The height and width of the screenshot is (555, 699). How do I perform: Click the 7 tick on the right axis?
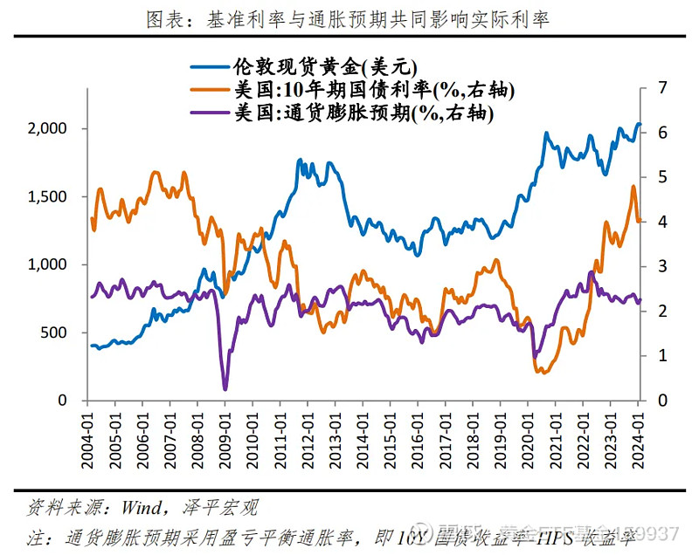[661, 87]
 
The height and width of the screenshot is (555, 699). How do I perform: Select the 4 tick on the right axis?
[661, 222]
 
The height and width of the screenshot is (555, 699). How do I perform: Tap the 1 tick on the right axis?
[661, 356]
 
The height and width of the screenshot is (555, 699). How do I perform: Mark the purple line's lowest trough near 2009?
[225, 388]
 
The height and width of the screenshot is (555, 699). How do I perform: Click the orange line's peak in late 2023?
[633, 187]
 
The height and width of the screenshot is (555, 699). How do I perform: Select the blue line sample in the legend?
[209, 67]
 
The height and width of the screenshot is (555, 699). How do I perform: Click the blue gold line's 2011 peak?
[299, 161]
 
